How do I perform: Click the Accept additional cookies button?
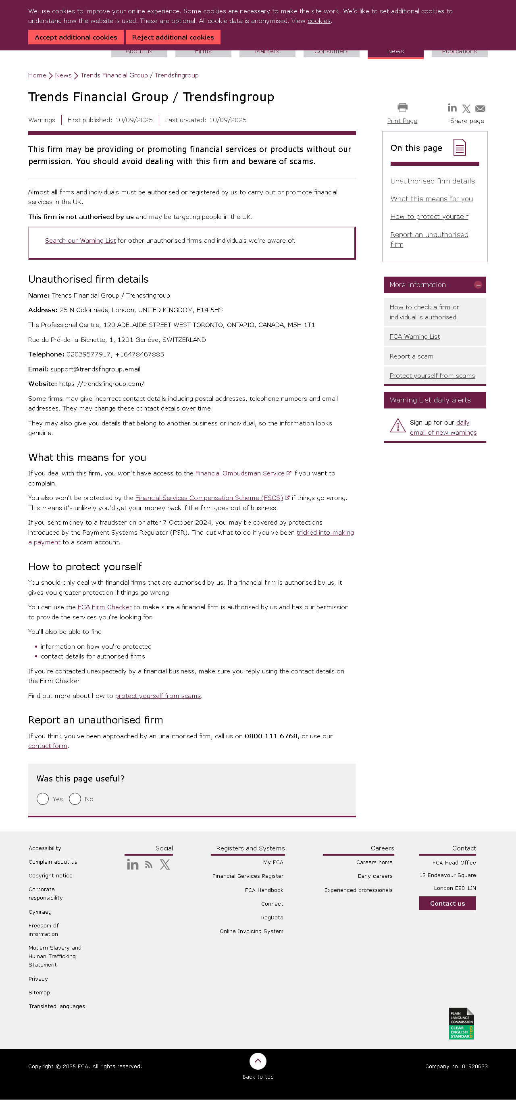(x=75, y=37)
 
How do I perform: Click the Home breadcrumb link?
(x=37, y=75)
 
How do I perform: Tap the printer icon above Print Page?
(x=402, y=107)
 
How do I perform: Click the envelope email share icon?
(x=480, y=109)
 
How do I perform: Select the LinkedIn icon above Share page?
(x=452, y=108)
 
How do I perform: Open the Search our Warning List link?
(x=80, y=240)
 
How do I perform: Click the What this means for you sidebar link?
(x=431, y=198)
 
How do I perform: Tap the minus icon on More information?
(x=478, y=285)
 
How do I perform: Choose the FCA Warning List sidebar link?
(x=414, y=336)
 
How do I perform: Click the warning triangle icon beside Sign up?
(x=398, y=426)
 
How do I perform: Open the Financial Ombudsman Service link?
(x=240, y=473)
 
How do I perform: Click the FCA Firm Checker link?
(x=104, y=607)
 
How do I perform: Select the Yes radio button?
(x=43, y=798)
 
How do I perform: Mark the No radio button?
(x=75, y=798)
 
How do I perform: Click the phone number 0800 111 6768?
(x=270, y=736)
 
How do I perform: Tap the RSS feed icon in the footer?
(x=148, y=865)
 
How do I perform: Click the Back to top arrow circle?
(x=258, y=1061)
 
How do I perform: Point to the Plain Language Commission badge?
(x=461, y=1023)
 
